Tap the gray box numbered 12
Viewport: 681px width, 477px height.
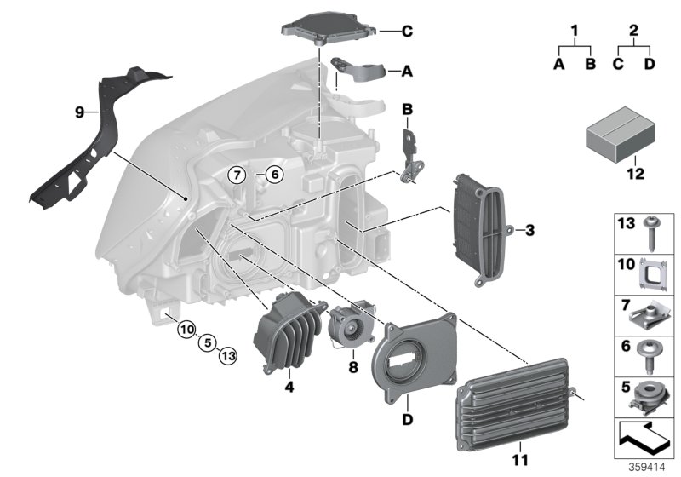[619, 138]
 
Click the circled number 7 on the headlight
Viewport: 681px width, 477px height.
[238, 175]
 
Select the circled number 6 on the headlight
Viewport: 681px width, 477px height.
[272, 175]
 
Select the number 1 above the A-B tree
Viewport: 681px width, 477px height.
[575, 32]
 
